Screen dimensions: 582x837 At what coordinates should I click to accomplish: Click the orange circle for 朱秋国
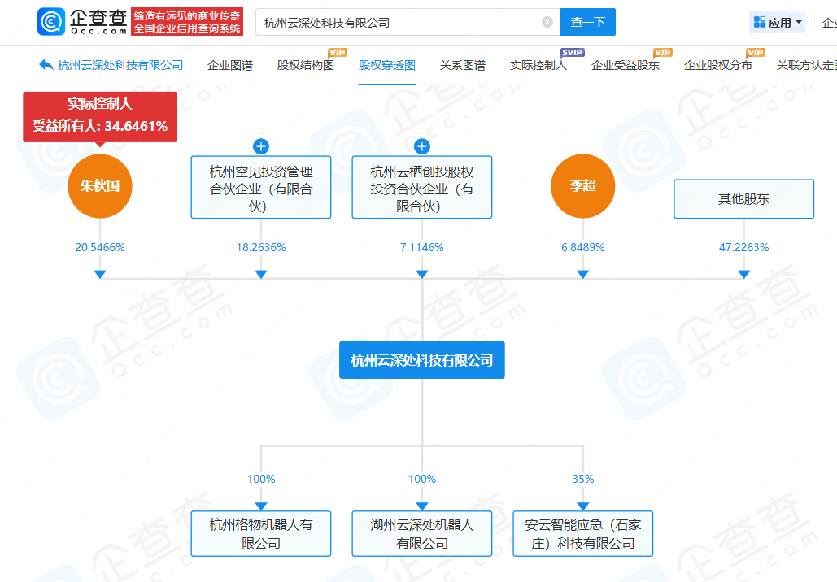pos(100,186)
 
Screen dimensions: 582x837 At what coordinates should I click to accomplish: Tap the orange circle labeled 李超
pos(582,186)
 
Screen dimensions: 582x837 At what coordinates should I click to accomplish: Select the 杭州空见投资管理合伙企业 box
pos(261,188)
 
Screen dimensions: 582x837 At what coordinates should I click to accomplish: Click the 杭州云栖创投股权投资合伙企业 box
pos(422,188)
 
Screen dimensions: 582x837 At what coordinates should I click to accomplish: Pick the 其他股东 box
pos(743,199)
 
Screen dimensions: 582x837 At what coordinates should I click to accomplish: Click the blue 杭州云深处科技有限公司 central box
pos(422,360)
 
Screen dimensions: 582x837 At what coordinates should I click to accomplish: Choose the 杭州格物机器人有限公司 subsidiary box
pos(261,534)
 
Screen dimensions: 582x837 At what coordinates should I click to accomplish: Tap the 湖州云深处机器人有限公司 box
pos(422,534)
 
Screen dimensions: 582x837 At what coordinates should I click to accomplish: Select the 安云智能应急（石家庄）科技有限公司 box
pos(582,534)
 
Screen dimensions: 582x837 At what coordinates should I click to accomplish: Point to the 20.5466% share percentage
pos(100,247)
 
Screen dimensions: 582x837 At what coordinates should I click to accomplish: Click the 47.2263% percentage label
pos(743,247)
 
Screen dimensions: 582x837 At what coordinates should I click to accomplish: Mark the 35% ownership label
pos(582,479)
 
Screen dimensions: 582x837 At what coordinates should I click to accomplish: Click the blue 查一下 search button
pos(587,22)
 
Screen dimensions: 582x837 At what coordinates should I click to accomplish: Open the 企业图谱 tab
pos(230,65)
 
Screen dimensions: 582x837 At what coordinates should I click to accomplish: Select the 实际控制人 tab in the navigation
pos(538,65)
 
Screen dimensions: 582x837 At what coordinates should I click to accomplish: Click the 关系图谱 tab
pos(462,65)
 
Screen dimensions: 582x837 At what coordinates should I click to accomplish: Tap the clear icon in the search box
pos(547,22)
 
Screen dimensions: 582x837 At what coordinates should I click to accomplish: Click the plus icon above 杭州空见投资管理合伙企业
pos(261,146)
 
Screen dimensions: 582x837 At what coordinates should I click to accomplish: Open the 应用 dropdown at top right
pos(778,22)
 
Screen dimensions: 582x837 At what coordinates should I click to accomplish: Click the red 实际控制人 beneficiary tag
pos(100,115)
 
